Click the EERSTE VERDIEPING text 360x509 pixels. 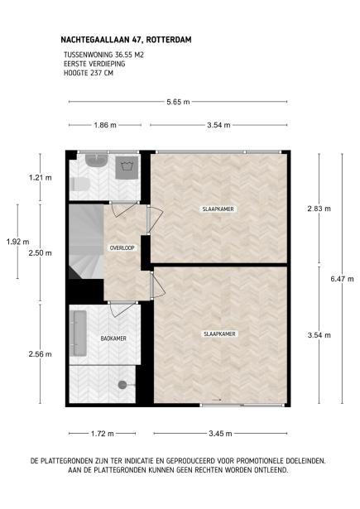click(94, 64)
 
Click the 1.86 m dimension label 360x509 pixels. click(104, 125)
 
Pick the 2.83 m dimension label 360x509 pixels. click(319, 209)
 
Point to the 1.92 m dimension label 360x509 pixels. click(12, 242)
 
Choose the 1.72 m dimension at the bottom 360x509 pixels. click(103, 433)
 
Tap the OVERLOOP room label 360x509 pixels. click(122, 248)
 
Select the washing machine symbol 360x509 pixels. click(128, 165)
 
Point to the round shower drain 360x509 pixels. click(122, 384)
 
